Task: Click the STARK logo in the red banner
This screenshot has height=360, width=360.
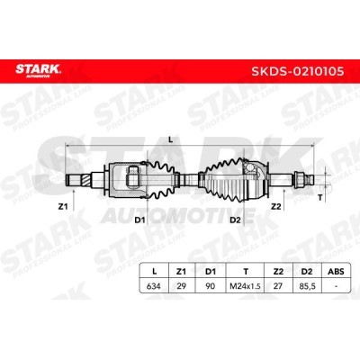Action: (x=38, y=70)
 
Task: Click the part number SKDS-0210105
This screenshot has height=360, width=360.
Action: (x=298, y=71)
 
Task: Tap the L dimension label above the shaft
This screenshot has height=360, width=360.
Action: (x=171, y=139)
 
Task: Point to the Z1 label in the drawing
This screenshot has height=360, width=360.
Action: (x=63, y=206)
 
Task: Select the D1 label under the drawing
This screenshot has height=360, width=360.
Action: (x=139, y=220)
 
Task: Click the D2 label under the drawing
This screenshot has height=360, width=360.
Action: (x=235, y=220)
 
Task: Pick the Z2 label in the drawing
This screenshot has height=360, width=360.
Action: (x=275, y=206)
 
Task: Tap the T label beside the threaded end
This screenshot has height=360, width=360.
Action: (x=320, y=198)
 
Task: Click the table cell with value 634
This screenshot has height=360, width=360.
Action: (x=154, y=286)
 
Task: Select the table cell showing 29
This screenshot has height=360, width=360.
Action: (x=181, y=286)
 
